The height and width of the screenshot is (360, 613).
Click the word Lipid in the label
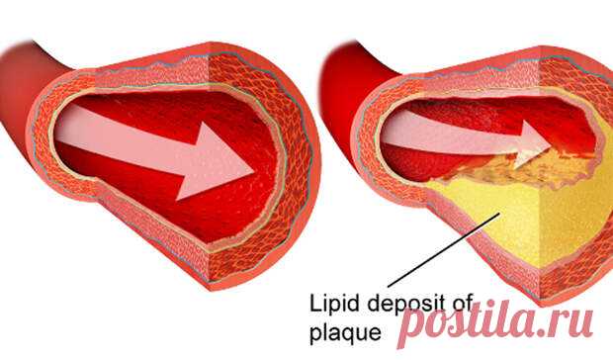pyautogui.click(x=327, y=304)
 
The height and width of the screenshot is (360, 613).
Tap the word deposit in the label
pyautogui.click(x=398, y=303)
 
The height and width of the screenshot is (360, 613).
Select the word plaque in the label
pyautogui.click(x=345, y=332)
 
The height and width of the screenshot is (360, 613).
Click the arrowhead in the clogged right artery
pyautogui.click(x=535, y=144)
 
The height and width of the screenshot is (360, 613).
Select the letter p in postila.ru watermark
pyautogui.click(x=415, y=327)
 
